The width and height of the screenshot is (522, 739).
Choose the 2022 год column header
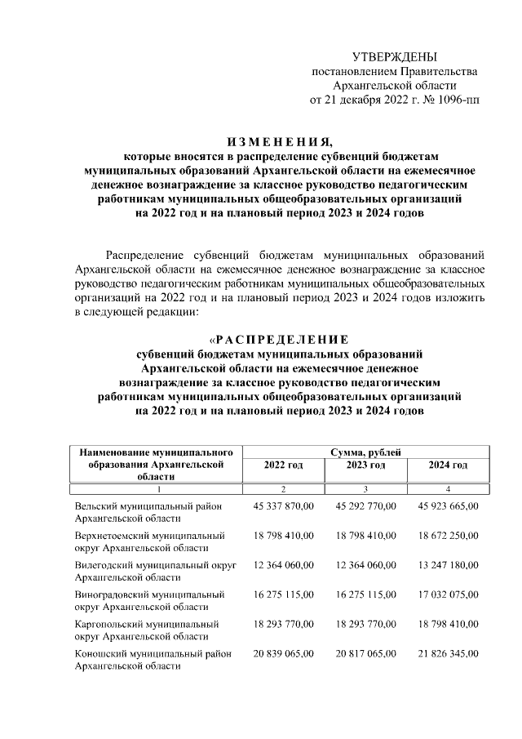coord(283,465)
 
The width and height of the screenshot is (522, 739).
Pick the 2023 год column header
coord(365,465)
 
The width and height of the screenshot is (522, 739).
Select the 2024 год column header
coord(448,465)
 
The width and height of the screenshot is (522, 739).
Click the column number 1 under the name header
coord(158,488)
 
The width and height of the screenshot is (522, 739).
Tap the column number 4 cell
coord(448,488)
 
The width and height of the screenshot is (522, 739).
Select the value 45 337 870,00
coord(283,506)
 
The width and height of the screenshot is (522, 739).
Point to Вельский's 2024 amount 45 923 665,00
coord(448,506)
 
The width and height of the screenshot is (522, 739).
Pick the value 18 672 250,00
coord(448,535)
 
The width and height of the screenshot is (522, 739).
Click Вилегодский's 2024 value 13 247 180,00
coord(448,564)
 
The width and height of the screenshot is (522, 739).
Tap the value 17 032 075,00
coord(448,594)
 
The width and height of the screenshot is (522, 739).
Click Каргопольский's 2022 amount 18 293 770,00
coord(283,624)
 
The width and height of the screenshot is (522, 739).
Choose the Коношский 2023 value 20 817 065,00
coord(365,653)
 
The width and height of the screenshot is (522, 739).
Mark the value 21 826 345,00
coord(448,653)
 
